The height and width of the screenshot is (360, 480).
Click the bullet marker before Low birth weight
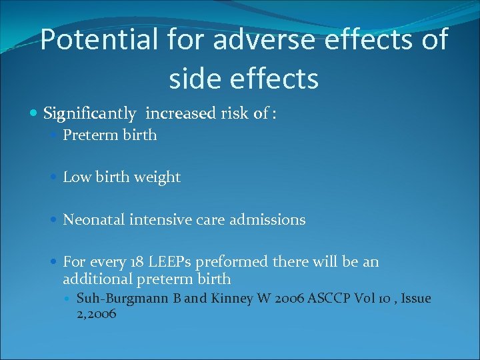(55, 178)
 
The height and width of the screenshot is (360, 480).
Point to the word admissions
(270, 219)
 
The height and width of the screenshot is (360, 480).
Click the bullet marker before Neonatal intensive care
(55, 220)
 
